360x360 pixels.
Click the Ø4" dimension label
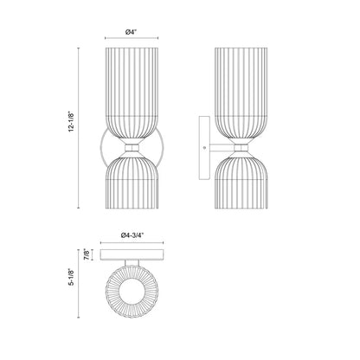(132, 32)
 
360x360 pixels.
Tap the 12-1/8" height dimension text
(71, 121)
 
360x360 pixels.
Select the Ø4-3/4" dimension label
(132, 235)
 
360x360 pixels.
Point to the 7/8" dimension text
(86, 254)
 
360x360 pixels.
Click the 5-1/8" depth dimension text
(71, 277)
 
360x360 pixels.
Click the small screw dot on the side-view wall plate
(205, 148)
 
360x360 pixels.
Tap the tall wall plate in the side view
(204, 148)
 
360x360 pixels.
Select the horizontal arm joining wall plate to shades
(222, 148)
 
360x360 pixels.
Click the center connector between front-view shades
(132, 148)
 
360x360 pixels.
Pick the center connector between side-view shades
(241, 148)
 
